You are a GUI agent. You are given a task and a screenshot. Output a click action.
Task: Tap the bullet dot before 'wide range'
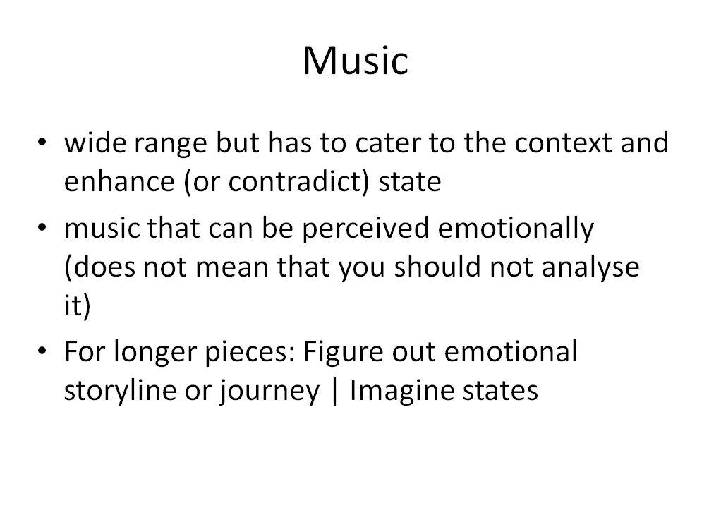42,142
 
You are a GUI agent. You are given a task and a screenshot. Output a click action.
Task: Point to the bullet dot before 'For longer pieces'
42,351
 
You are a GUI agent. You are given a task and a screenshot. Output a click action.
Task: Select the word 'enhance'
119,181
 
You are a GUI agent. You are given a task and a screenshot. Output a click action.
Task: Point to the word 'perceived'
365,229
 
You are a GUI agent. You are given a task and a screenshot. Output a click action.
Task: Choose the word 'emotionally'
516,229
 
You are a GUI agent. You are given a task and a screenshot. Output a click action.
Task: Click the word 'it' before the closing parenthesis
73,305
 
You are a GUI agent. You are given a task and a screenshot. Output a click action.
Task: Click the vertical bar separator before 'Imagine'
334,392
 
